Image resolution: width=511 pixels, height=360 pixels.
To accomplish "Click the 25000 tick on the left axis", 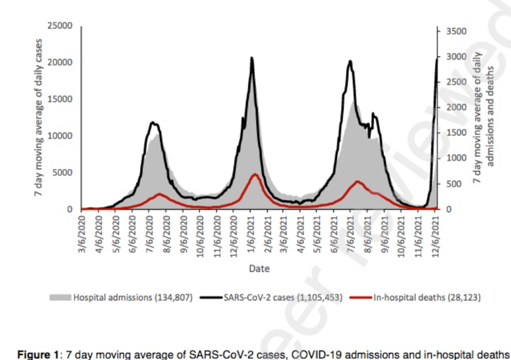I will pyautogui.click(x=63, y=26).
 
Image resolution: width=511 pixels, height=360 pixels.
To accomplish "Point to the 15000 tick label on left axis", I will pyautogui.click(x=63, y=99).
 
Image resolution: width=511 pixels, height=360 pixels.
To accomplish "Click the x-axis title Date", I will pyautogui.click(x=259, y=268).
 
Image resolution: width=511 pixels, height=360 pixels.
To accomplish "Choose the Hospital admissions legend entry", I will pyautogui.click(x=133, y=297).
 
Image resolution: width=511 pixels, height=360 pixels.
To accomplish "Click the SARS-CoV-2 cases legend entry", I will pyautogui.click(x=283, y=297).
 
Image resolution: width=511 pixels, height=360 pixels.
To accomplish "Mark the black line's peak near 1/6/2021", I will pyautogui.click(x=251, y=57).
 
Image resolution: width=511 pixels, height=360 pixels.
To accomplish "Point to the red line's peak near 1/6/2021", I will pyautogui.click(x=254, y=174).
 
